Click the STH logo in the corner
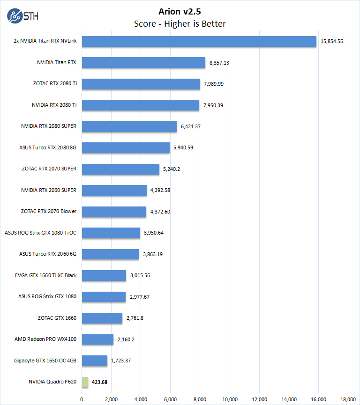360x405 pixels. coord(23,15)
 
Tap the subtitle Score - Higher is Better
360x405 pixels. coord(180,23)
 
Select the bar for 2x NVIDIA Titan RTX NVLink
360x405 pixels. coord(199,41)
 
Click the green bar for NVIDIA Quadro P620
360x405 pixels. coord(85,382)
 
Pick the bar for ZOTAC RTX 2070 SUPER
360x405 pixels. coord(121,169)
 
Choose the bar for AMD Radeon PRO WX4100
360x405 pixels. coord(98,339)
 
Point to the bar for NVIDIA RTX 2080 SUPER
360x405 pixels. coord(129,126)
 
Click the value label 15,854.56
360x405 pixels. coord(332,41)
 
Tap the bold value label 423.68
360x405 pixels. coord(99,382)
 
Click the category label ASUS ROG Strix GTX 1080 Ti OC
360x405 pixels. coord(40,233)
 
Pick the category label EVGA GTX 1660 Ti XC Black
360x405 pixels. coord(45,275)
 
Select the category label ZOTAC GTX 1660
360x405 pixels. coord(57,318)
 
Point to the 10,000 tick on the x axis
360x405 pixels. coord(230,399)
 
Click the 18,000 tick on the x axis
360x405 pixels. coord(348,399)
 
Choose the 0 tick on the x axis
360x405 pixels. coord(82,399)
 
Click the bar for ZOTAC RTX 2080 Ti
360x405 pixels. coord(141,84)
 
